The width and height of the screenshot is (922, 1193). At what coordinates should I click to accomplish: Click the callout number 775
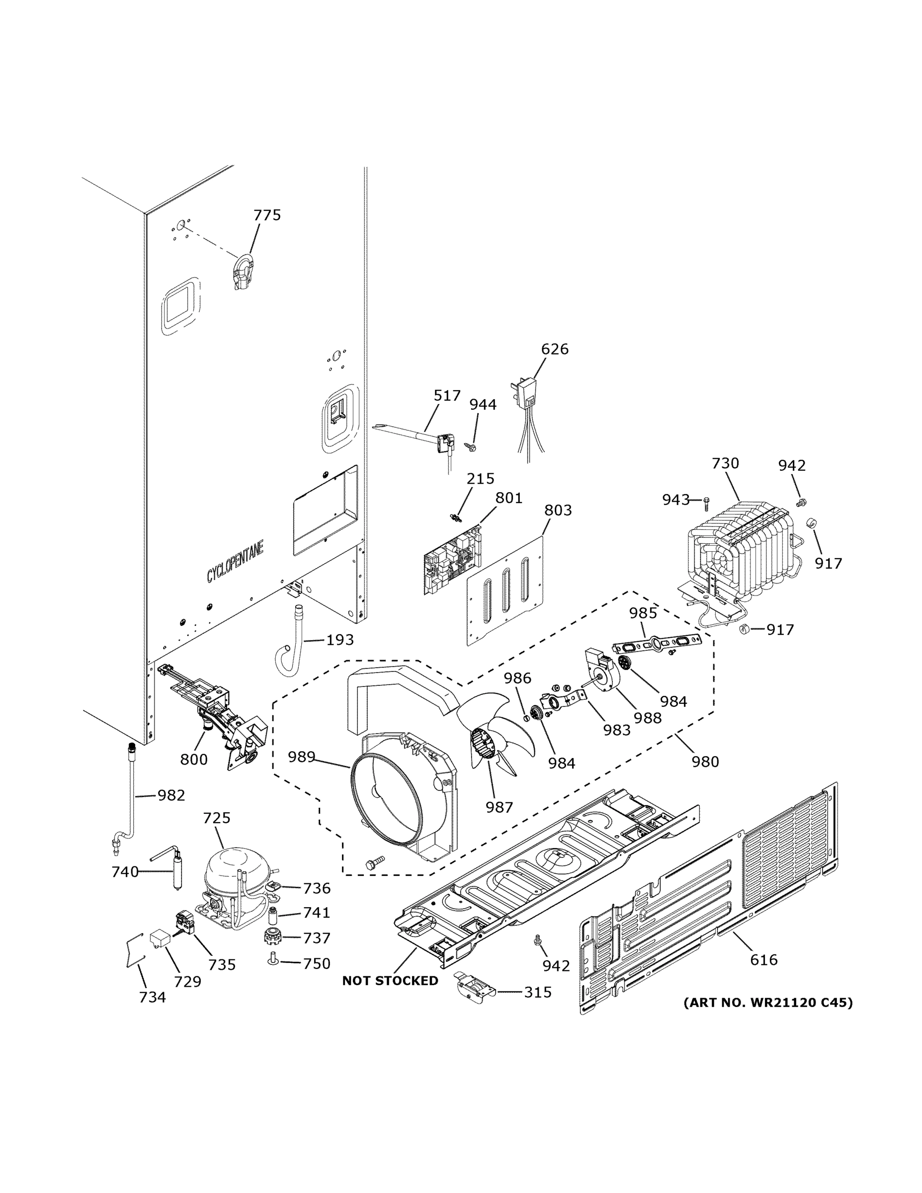coord(266,215)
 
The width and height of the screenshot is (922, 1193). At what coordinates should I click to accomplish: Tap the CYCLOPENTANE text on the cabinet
coord(235,562)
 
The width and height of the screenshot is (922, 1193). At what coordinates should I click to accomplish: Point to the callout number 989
coord(302,757)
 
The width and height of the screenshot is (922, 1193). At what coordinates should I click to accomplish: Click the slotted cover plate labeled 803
coord(505,591)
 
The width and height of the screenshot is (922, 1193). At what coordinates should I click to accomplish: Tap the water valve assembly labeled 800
coord(219,710)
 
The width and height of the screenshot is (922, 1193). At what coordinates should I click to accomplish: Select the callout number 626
coord(554,349)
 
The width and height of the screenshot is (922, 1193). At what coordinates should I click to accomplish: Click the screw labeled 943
coord(707,500)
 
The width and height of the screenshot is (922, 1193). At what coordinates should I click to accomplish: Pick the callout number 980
coord(705,761)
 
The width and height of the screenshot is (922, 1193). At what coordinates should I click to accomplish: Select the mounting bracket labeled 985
coord(657,644)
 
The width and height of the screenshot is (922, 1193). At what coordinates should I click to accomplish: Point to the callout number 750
coord(317,963)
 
